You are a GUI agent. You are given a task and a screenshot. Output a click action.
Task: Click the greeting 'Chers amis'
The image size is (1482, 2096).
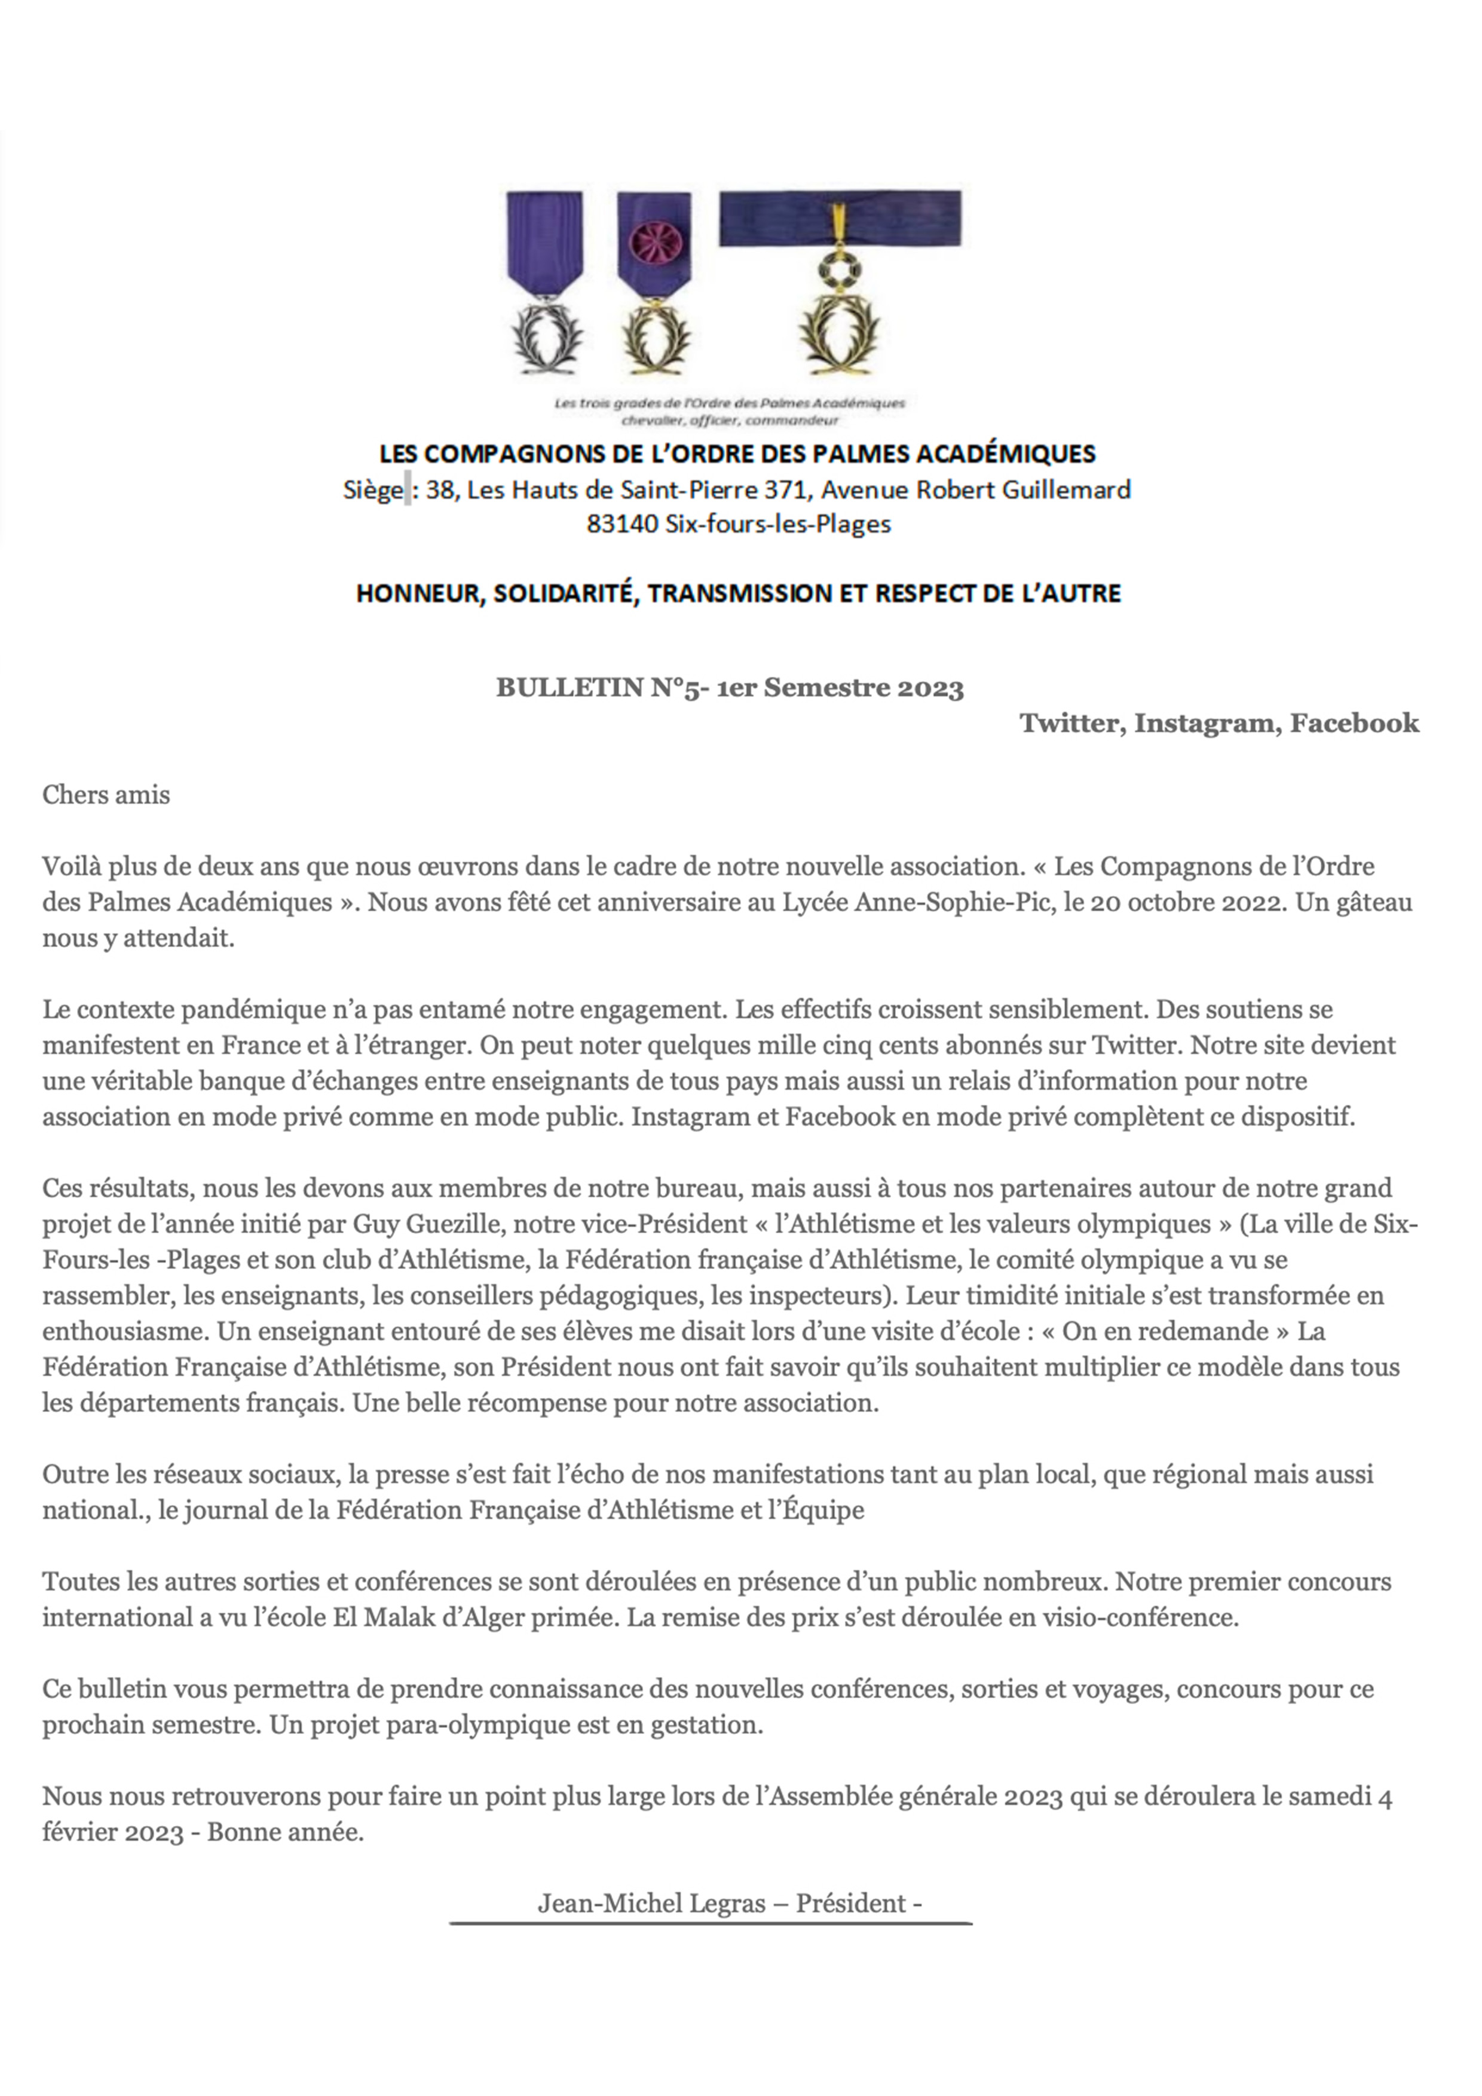pyautogui.click(x=106, y=795)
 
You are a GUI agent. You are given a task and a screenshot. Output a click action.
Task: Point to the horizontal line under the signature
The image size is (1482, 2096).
pyautogui.click(x=711, y=1923)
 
